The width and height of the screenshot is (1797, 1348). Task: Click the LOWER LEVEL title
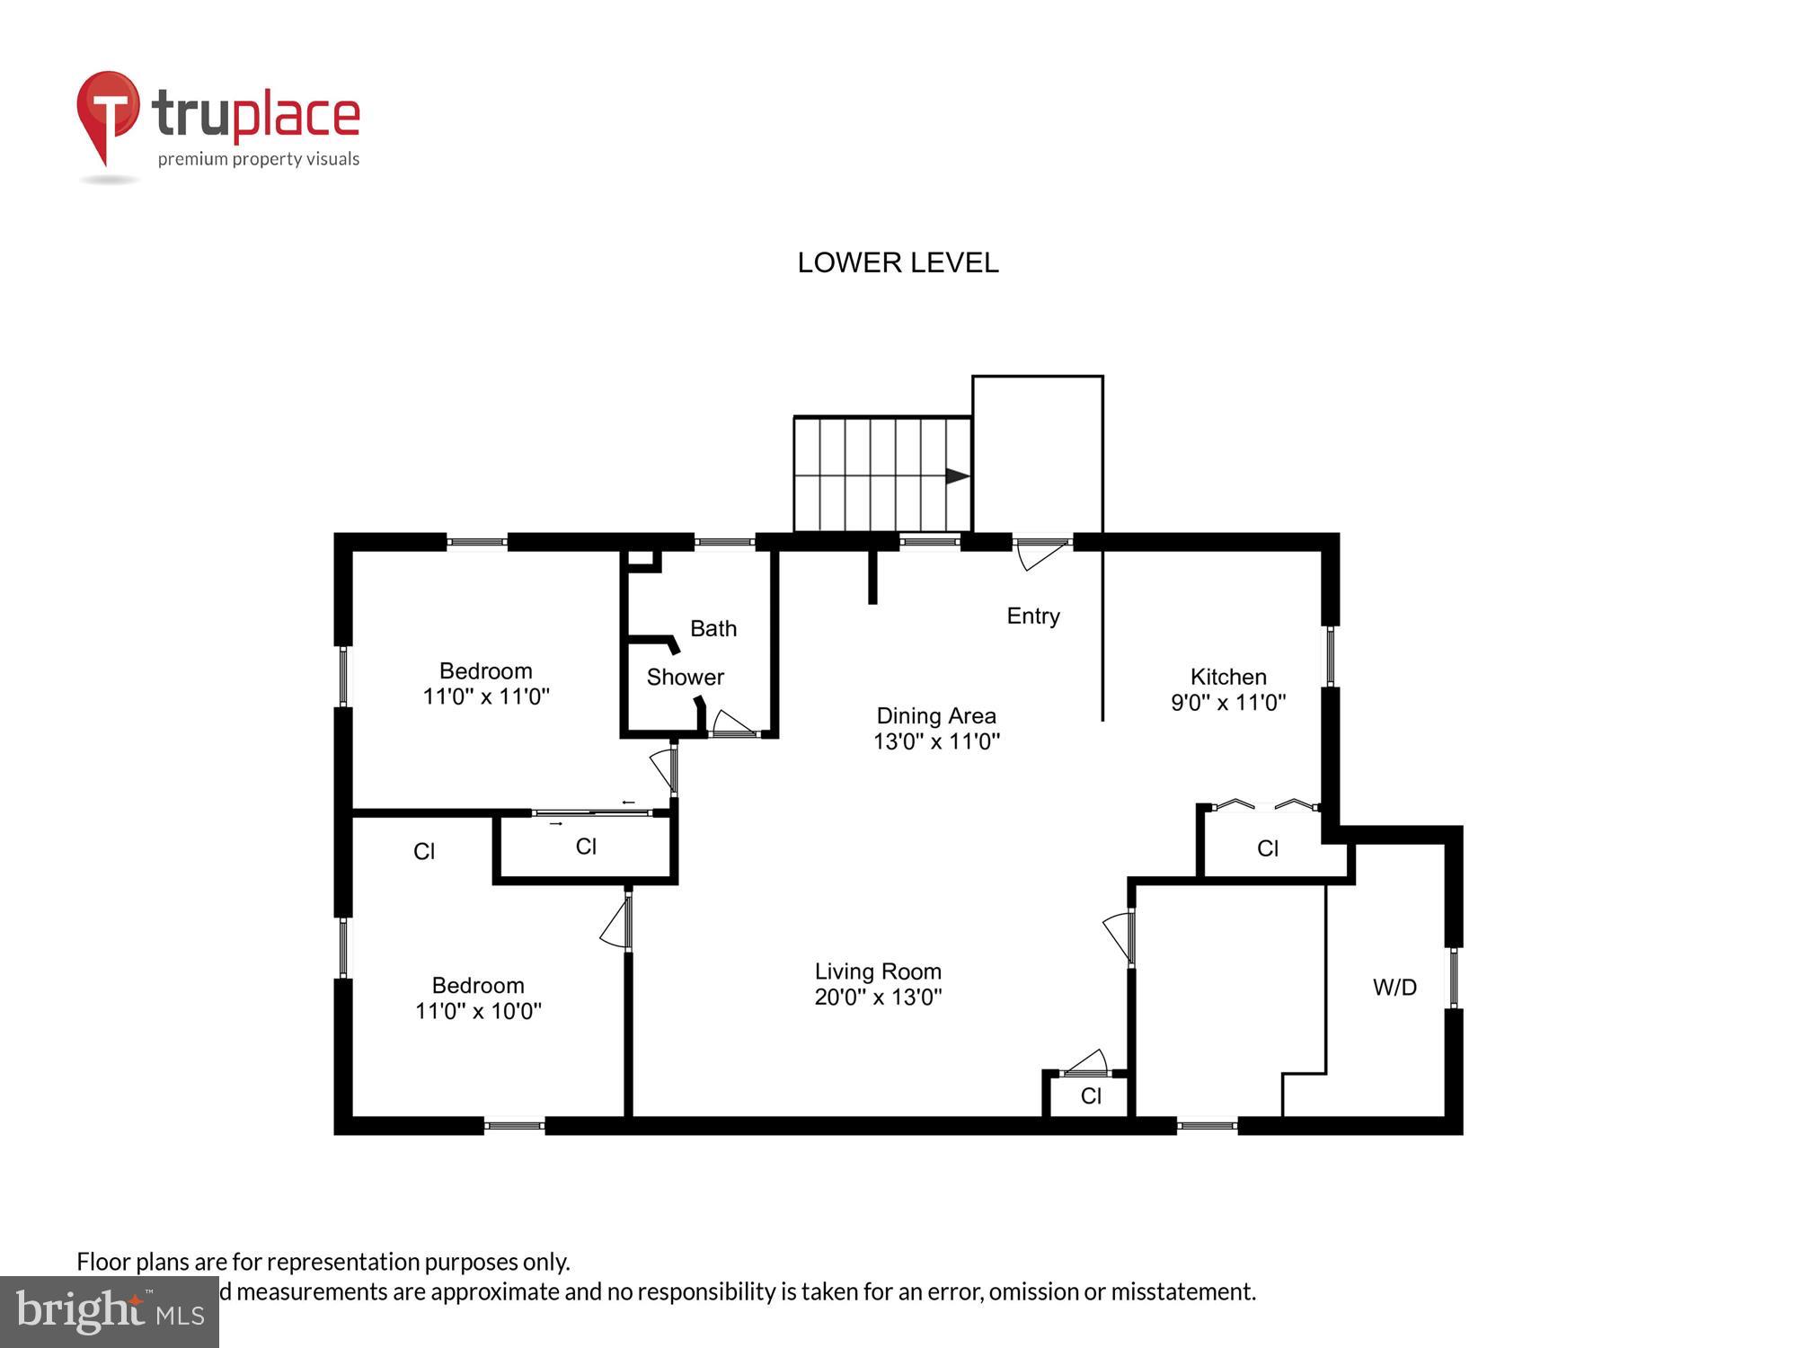coord(898,262)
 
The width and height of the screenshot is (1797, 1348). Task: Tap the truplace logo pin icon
coord(108,112)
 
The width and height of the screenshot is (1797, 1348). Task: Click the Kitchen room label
coord(1228,677)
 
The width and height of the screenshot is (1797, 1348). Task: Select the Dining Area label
coord(936,716)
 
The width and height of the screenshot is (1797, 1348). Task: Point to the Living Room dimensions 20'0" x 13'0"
coord(878,997)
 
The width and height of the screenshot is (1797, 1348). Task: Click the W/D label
coord(1394,988)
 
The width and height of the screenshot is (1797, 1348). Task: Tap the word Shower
coord(685,678)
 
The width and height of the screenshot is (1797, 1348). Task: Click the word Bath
coord(713,628)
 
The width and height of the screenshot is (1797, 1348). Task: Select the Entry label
coord(1033,616)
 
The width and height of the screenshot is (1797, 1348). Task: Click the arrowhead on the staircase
coord(957,476)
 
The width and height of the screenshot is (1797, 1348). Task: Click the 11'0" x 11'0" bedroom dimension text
coord(486,696)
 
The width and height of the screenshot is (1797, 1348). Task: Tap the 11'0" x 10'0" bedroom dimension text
coord(478,1011)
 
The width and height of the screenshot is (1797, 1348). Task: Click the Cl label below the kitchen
coord(1268,848)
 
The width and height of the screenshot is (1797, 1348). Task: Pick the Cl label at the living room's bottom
coord(1091,1095)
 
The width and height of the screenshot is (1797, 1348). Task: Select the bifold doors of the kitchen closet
coord(1262,804)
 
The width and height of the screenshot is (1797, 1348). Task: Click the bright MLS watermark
coord(110,1312)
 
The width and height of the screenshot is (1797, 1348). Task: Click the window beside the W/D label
coord(1453,978)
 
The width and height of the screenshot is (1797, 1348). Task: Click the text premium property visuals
coord(259,160)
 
